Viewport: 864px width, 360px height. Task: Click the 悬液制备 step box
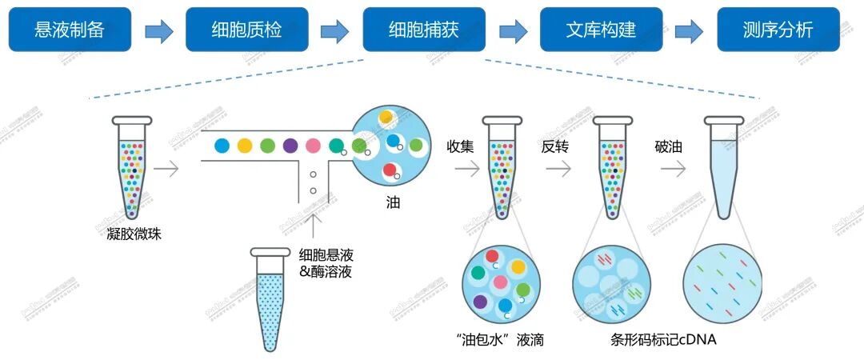pos(70,30)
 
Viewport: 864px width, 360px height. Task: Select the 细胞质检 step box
pos(246,30)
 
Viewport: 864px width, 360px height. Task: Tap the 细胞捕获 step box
pos(423,30)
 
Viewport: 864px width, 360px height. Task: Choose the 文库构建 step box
pos(601,30)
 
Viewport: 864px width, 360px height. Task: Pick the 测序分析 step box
pos(778,30)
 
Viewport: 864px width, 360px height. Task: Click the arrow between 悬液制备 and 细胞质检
pos(159,31)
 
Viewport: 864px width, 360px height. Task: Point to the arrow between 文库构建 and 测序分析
pos(689,31)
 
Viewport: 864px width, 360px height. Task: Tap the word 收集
pos(461,147)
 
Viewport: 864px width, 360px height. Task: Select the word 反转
pos(557,147)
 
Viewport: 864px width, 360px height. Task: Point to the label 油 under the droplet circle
pos(392,203)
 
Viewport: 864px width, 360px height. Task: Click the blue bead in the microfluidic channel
pos(222,146)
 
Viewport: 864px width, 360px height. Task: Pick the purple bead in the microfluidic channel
pos(290,146)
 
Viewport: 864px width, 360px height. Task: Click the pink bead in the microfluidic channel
pos(314,146)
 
